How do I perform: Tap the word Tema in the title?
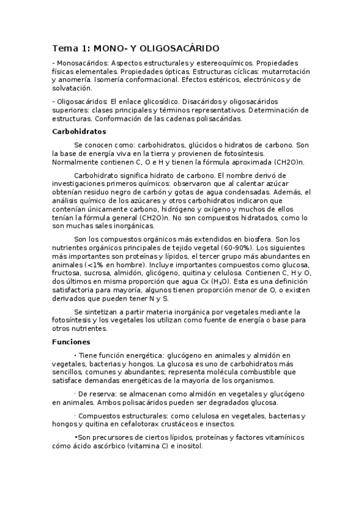[62, 48]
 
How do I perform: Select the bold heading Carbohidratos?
[79, 131]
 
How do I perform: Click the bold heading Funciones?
[71, 342]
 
